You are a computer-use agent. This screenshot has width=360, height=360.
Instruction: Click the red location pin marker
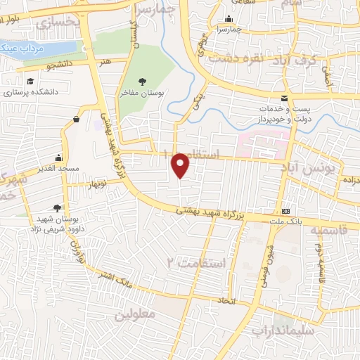[x=181, y=165]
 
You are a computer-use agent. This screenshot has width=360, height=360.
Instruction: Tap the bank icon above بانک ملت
[x=285, y=211]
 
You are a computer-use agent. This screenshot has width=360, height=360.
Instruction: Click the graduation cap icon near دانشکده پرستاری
[x=29, y=81]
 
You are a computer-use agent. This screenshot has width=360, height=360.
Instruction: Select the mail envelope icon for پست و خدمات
[x=284, y=98]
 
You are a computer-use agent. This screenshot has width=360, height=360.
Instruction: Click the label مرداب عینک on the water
[x=20, y=49]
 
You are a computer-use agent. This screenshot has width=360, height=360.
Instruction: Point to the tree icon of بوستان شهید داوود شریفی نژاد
[x=56, y=207]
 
